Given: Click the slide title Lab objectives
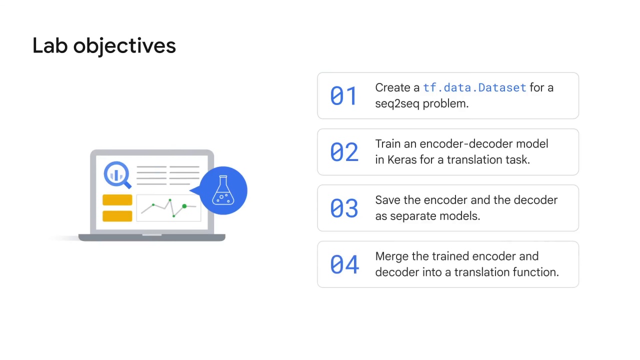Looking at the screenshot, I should (104, 45).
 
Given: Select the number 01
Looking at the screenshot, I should (344, 95).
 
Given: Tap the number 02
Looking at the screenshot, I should (344, 152).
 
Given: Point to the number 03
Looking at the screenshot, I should (344, 208).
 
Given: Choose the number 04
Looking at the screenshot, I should (344, 264).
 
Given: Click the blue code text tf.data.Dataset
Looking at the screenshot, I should (474, 87).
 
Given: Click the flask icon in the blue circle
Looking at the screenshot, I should (223, 190).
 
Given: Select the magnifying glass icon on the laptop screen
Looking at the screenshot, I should (116, 174).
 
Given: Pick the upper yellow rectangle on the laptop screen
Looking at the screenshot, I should (117, 200).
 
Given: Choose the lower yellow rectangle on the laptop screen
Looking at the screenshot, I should (117, 216).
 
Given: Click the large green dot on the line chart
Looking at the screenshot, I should (184, 206).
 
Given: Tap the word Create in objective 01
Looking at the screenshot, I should (392, 87).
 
